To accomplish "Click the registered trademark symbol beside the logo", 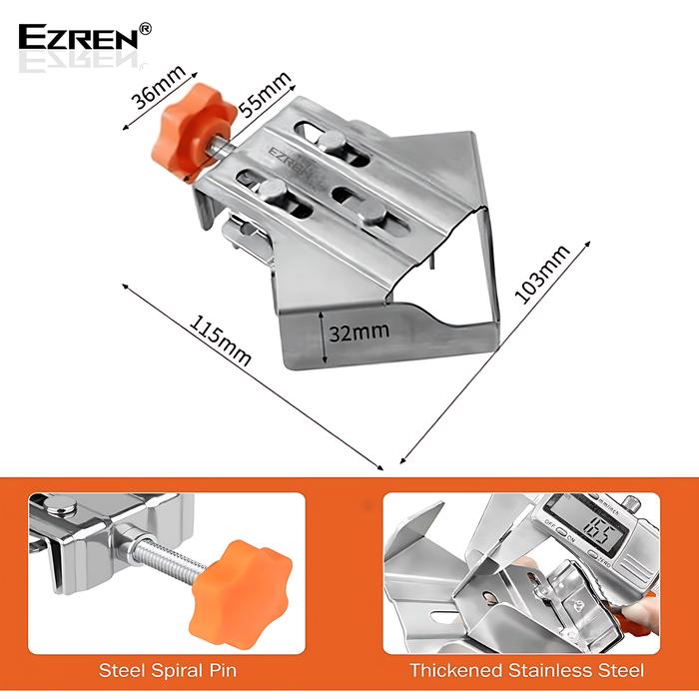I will [146, 30].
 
